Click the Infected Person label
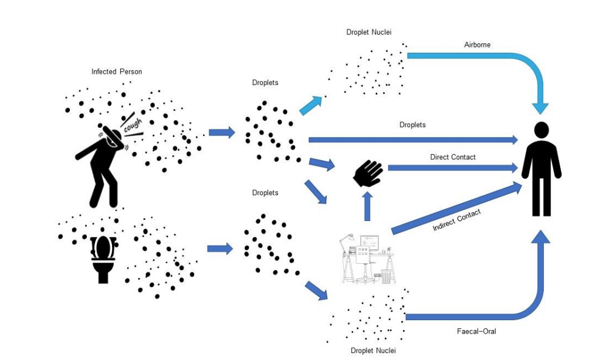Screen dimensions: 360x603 tap(117, 72)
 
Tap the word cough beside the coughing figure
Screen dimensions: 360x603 tap(132, 123)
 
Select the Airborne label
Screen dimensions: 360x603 tap(477, 45)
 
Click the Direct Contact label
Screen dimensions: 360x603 tap(452, 157)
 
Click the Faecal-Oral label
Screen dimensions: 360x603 tap(476, 331)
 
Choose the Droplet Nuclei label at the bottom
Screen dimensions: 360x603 tap(373, 351)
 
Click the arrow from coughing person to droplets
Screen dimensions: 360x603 tap(221, 132)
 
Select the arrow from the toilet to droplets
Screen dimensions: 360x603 tap(220, 249)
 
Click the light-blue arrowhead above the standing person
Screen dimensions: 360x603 tap(540, 107)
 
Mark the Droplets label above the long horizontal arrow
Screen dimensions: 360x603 tap(412, 125)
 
